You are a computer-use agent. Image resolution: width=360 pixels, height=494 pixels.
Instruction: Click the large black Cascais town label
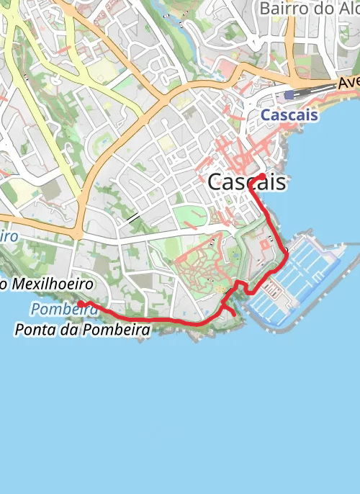[x=246, y=183]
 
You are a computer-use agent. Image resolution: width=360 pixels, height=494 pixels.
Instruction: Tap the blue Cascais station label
[x=289, y=115]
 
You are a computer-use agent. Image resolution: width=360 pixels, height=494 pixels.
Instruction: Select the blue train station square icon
[x=289, y=95]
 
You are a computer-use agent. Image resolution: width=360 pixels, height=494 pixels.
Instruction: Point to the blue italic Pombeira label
[x=65, y=310]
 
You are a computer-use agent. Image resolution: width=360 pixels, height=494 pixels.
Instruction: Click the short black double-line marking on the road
[x=133, y=217]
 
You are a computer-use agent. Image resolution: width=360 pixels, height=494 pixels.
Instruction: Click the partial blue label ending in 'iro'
[x=9, y=236]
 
